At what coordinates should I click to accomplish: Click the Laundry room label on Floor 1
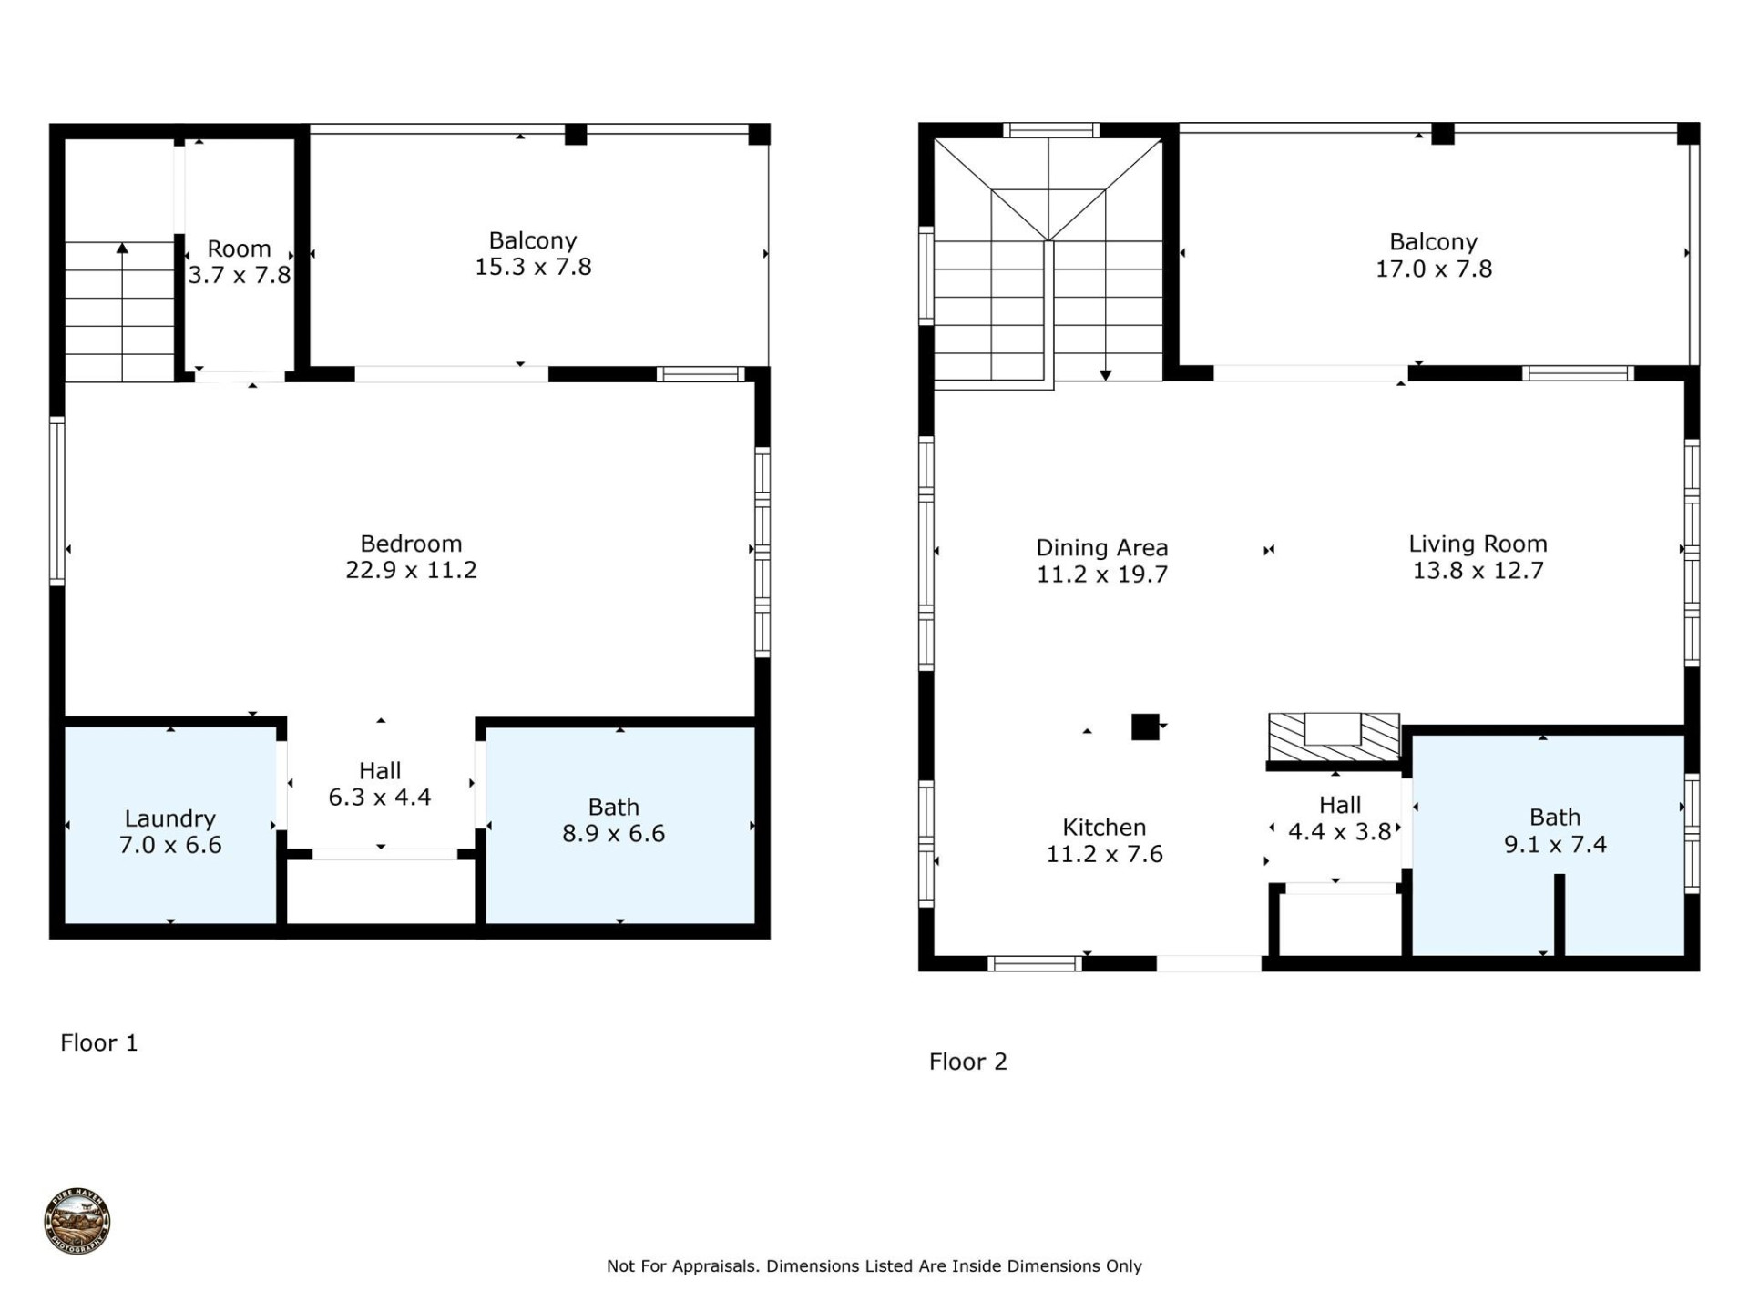pos(169,818)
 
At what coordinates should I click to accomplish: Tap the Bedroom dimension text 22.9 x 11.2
pos(411,570)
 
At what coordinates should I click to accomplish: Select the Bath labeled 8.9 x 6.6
pos(613,820)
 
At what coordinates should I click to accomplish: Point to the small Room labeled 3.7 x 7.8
pos(239,261)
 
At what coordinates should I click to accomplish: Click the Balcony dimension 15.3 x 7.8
pos(533,267)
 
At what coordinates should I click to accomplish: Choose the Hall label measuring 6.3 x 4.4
pos(380,784)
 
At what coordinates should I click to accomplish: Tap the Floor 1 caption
pos(98,1042)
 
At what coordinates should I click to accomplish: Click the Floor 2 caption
pos(967,1062)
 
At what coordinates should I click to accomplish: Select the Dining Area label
pos(1101,548)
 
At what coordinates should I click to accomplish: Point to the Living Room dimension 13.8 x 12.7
pos(1478,571)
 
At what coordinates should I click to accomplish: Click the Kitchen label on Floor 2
pos(1104,828)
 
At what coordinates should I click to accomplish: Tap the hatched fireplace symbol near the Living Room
pos(1334,737)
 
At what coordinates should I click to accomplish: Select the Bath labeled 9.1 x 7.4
pos(1554,830)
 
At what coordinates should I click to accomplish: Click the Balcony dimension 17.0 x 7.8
pos(1433,269)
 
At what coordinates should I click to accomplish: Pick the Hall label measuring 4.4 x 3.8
pos(1339,818)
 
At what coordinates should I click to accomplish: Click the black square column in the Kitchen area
pos(1144,727)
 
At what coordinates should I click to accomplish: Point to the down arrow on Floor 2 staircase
pos(1105,373)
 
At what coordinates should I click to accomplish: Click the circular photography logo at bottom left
pos(77,1221)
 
